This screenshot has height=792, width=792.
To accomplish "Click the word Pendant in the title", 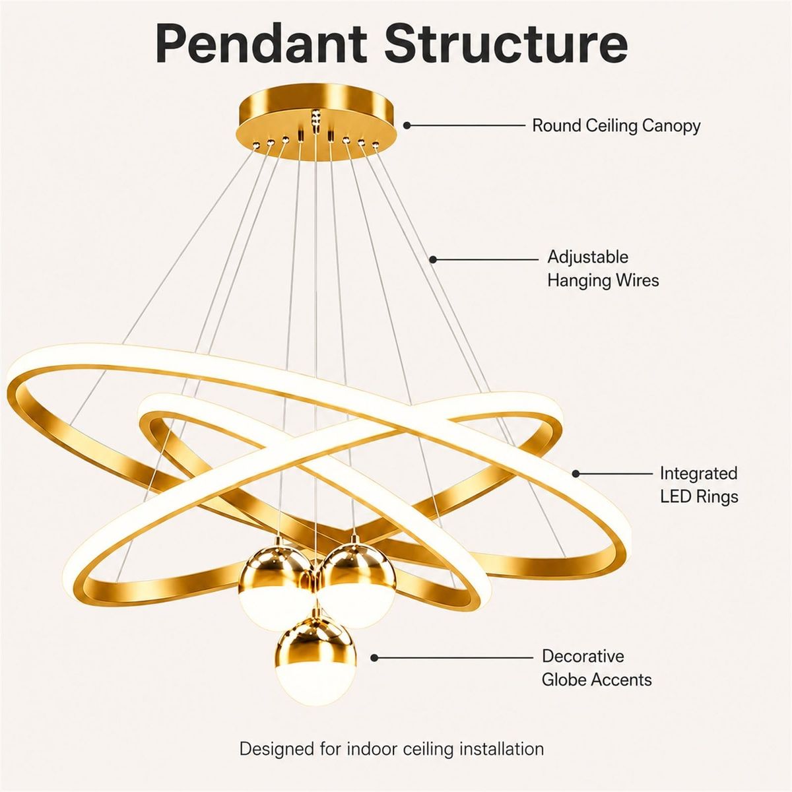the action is click(261, 44).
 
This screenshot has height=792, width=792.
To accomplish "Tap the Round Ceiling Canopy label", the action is click(616, 125).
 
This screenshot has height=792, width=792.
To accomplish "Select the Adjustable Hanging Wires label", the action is click(603, 269).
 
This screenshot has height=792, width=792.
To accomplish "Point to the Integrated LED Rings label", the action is click(699, 485).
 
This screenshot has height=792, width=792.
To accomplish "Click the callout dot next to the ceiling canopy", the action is click(407, 125).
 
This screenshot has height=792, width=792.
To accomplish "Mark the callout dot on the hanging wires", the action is click(433, 259).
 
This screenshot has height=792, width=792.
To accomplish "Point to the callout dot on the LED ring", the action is click(576, 474).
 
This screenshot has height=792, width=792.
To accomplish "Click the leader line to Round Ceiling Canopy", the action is click(466, 125).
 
